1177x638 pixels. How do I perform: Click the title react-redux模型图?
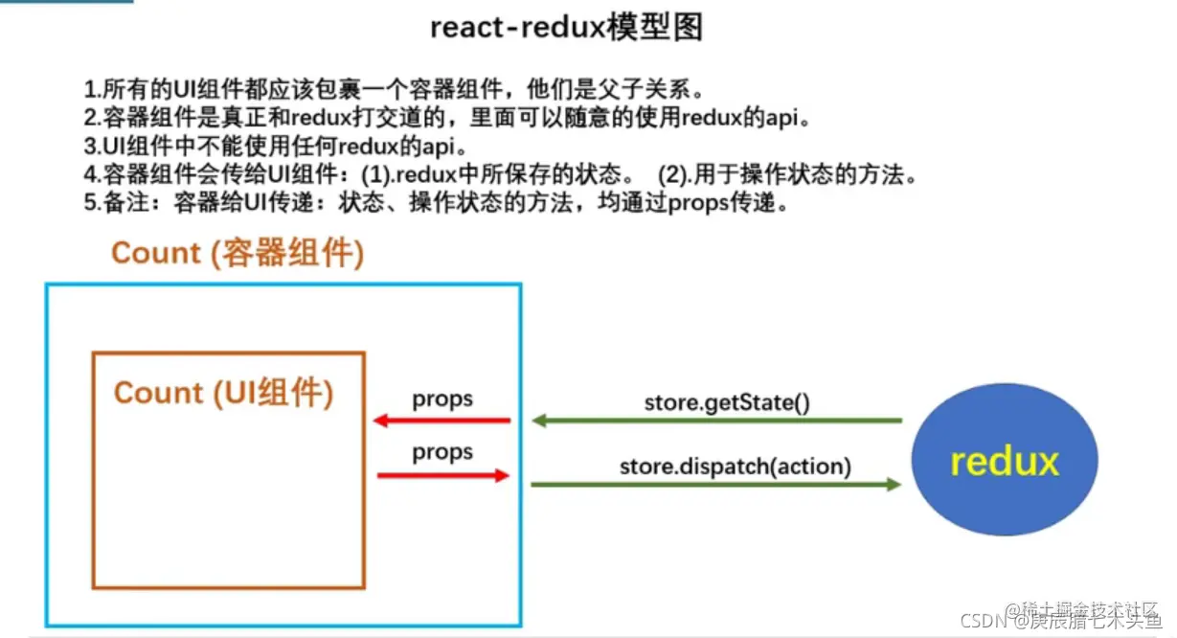pyautogui.click(x=567, y=28)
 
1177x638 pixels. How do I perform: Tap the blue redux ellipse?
pyautogui.click(x=1004, y=462)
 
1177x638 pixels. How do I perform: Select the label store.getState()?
pyautogui.click(x=727, y=401)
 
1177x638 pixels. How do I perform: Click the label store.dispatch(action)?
pyautogui.click(x=735, y=467)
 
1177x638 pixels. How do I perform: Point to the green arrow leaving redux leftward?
pyautogui.click(x=717, y=421)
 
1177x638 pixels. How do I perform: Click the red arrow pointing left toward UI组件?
pyautogui.click(x=441, y=421)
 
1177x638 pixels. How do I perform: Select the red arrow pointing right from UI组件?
pyautogui.click(x=443, y=475)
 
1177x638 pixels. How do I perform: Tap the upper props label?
pyautogui.click(x=442, y=399)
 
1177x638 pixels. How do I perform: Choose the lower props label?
pyautogui.click(x=442, y=451)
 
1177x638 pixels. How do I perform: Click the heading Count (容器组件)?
pyautogui.click(x=238, y=253)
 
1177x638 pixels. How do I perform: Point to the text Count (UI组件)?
pyautogui.click(x=224, y=393)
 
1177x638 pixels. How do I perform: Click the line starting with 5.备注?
pyautogui.click(x=436, y=205)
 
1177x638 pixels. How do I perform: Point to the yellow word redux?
pyautogui.click(x=1004, y=462)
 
